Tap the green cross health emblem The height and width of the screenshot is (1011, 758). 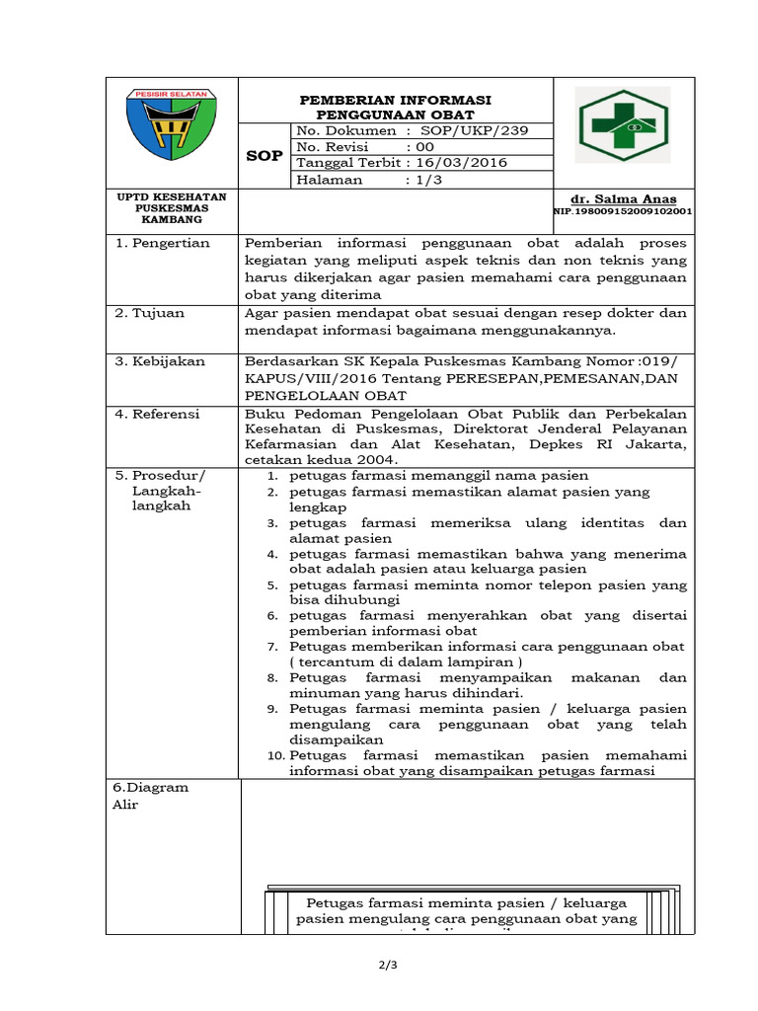click(x=624, y=124)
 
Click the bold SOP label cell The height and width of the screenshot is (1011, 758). click(x=265, y=156)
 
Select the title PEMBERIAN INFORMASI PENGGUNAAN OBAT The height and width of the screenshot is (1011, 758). click(x=396, y=108)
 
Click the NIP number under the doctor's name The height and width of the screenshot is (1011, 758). click(x=622, y=211)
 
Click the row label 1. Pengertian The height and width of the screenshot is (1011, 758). click(x=163, y=243)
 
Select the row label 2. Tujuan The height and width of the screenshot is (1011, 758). click(x=150, y=313)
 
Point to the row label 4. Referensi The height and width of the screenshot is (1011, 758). click(x=158, y=413)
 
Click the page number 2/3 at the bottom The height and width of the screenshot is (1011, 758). click(x=379, y=965)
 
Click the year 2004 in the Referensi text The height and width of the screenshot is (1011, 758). click(x=379, y=460)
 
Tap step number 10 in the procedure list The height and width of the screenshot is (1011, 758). click(x=276, y=755)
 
